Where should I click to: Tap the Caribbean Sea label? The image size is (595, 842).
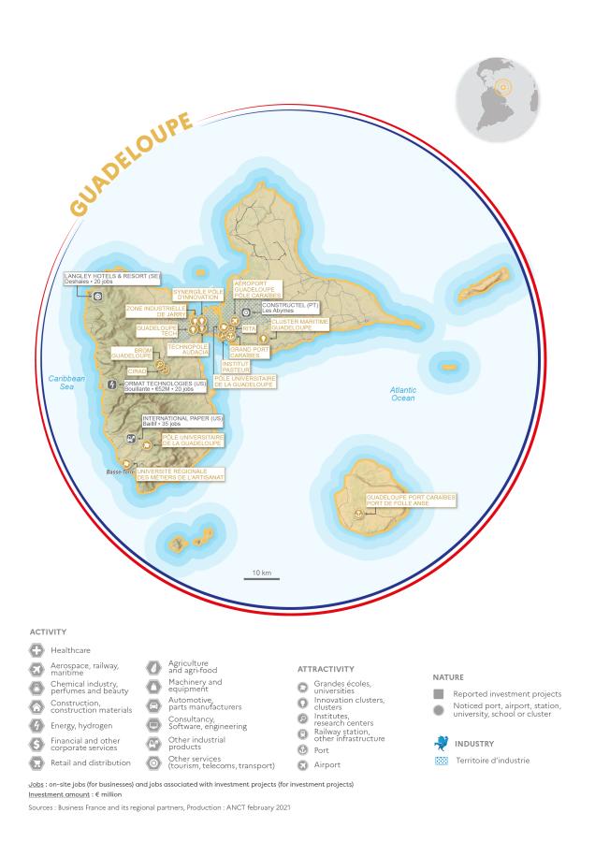(66, 383)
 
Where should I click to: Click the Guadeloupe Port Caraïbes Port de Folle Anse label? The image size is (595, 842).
(411, 501)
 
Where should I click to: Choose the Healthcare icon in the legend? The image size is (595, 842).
(37, 649)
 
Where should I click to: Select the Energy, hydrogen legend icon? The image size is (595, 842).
(37, 725)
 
